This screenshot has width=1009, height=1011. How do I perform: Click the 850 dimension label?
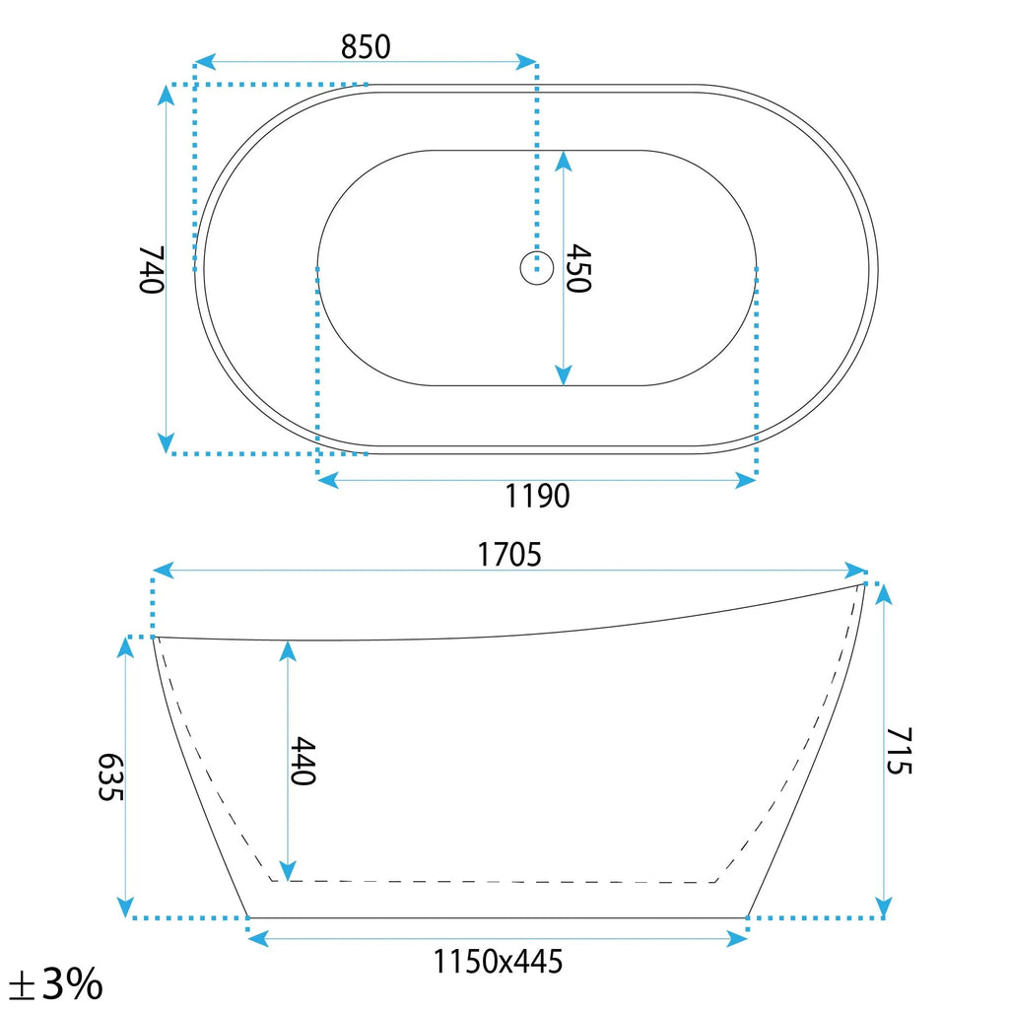(366, 47)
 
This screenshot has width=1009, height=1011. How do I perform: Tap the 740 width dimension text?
(152, 270)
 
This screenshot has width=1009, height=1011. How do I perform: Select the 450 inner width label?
(578, 268)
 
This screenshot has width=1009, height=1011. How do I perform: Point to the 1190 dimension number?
(536, 496)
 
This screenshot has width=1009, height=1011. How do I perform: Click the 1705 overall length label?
(508, 555)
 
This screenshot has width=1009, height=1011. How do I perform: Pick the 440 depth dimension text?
(303, 761)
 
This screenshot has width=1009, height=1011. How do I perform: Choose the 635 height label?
(110, 776)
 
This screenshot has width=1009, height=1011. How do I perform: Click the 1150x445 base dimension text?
(497, 962)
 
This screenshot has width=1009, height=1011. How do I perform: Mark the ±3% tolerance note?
(56, 984)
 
